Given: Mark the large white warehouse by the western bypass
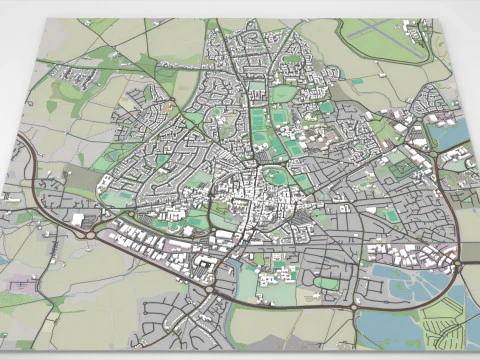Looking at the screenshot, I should click(78, 218).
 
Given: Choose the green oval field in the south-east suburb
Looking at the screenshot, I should click(326, 283).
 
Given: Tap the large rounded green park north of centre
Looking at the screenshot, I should click(284, 94).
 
